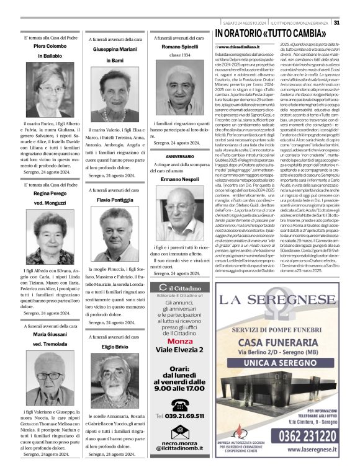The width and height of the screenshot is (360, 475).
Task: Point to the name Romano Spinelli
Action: click(x=179, y=47)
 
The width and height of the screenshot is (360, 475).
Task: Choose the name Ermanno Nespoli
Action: click(x=179, y=179)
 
